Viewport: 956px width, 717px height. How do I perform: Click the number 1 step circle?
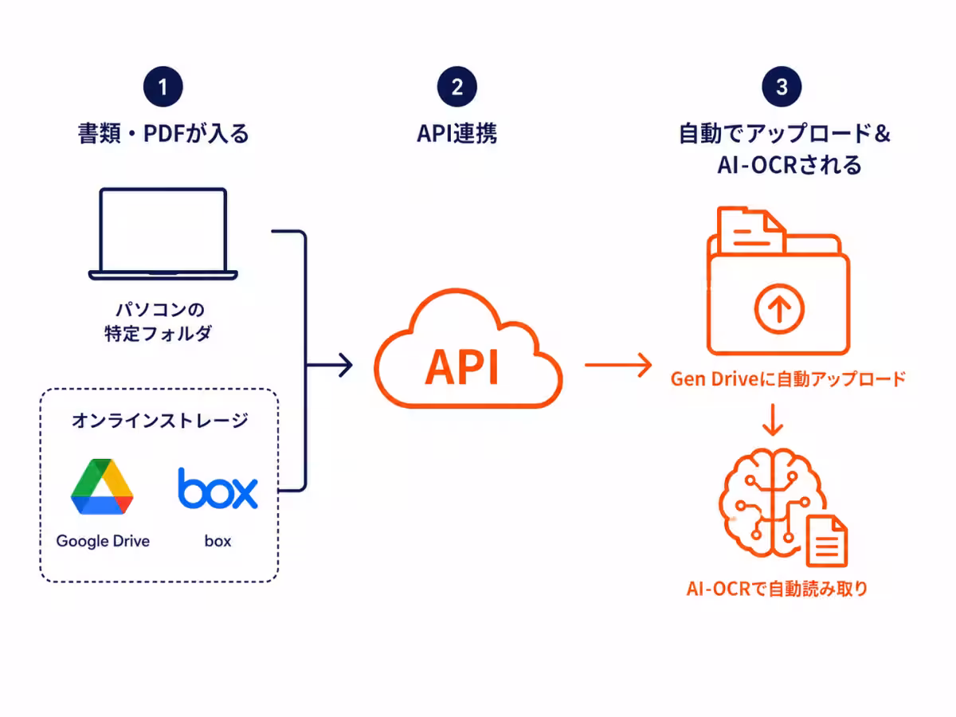click(x=163, y=87)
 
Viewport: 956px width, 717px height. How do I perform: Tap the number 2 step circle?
click(x=456, y=87)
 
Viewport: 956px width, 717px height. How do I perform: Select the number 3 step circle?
click(x=782, y=87)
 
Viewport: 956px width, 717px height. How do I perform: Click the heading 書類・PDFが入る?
click(x=163, y=133)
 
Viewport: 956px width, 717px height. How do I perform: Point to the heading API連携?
click(x=456, y=133)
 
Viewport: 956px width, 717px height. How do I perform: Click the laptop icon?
click(x=163, y=233)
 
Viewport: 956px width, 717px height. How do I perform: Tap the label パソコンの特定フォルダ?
click(x=159, y=322)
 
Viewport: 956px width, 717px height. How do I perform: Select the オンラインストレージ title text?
click(x=160, y=421)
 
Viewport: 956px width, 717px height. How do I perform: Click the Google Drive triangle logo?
click(x=102, y=486)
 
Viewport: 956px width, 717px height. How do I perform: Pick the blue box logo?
click(x=217, y=488)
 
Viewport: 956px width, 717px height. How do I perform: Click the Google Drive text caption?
click(x=103, y=541)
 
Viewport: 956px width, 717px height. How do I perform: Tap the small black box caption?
click(x=217, y=541)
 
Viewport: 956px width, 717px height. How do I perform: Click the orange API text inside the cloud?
click(x=461, y=367)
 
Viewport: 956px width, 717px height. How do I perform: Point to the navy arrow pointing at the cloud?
click(x=329, y=365)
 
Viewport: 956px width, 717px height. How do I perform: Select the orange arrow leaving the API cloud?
click(x=618, y=365)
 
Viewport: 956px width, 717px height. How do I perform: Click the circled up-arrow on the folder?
click(x=779, y=308)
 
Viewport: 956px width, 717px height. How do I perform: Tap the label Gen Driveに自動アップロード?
click(x=788, y=379)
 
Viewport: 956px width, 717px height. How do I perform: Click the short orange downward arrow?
click(x=773, y=420)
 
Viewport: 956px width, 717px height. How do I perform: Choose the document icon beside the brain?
click(x=827, y=541)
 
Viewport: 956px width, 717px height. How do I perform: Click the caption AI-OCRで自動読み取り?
click(x=777, y=589)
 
